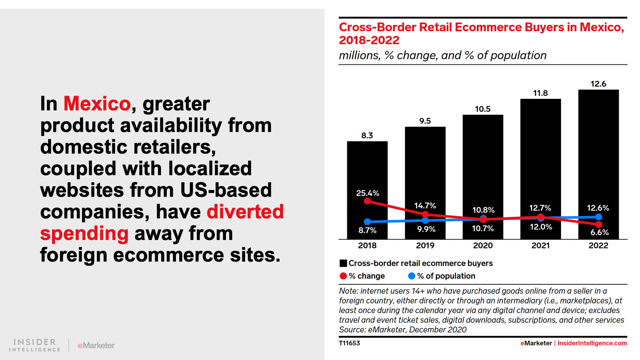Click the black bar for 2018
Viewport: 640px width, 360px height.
pos(367,168)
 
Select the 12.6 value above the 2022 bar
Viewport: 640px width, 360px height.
pos(598,84)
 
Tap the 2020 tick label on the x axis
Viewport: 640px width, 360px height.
pos(483,246)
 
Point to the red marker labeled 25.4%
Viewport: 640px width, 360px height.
pos(368,201)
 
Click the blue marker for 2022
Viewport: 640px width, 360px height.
pos(598,217)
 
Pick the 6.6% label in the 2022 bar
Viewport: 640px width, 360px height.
pos(600,232)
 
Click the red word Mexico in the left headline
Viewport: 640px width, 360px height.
pos(97,104)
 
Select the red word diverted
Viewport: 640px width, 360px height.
pos(245,212)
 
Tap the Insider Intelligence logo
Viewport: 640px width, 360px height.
pos(34,345)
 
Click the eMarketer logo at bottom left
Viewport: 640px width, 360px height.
pos(96,345)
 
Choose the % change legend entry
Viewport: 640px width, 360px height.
pos(362,276)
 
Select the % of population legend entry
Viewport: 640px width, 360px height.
pos(442,276)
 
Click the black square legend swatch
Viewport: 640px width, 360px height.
pos(343,263)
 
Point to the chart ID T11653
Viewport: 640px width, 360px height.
pos(350,343)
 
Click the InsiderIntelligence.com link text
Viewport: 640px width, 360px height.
pos(592,343)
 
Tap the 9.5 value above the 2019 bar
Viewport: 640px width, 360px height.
pos(425,121)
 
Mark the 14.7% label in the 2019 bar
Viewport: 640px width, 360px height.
pos(425,206)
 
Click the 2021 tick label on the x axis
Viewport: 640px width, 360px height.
pos(540,246)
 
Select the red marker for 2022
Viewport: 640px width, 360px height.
pos(598,224)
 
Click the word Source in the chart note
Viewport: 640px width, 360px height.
pos(352,330)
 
